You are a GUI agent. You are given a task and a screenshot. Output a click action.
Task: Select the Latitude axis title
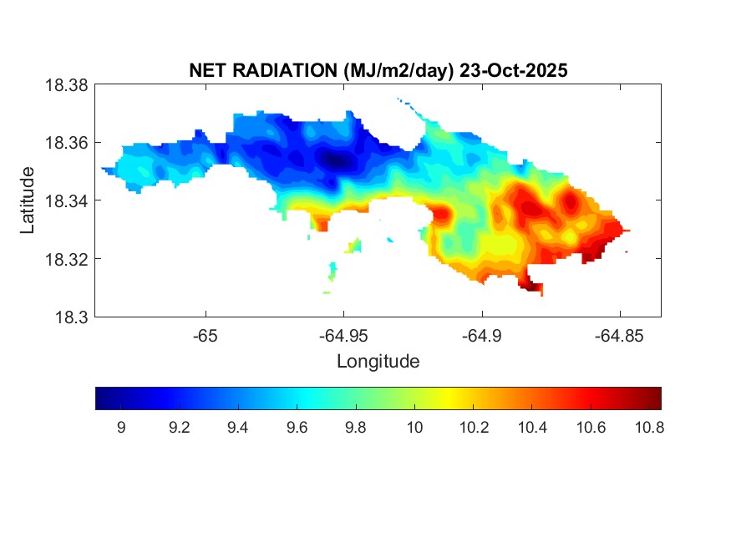pyautogui.click(x=28, y=200)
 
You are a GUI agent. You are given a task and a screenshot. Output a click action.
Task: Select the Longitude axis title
pyautogui.click(x=378, y=362)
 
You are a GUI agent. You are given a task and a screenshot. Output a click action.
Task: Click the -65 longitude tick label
pyautogui.click(x=206, y=336)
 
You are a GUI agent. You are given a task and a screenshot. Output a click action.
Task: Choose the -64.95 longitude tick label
pyautogui.click(x=343, y=336)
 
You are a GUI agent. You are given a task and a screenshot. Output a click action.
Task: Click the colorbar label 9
pyautogui.click(x=121, y=429)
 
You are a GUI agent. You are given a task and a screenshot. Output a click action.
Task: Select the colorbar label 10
pyautogui.click(x=414, y=429)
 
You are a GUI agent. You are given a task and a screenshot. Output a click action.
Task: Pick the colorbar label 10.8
pyautogui.click(x=649, y=429)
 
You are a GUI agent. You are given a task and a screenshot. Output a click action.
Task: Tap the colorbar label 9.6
pyautogui.click(x=297, y=429)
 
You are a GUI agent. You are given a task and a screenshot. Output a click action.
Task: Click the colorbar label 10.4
pyautogui.click(x=531, y=429)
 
